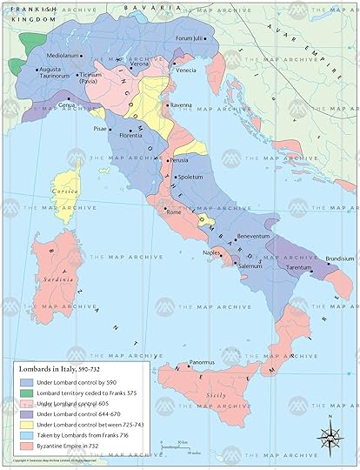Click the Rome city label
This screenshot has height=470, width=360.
[x=173, y=212]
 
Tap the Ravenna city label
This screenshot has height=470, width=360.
[x=181, y=105]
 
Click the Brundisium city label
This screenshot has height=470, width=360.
[x=339, y=258]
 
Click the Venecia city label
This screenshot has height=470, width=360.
[x=186, y=70]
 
